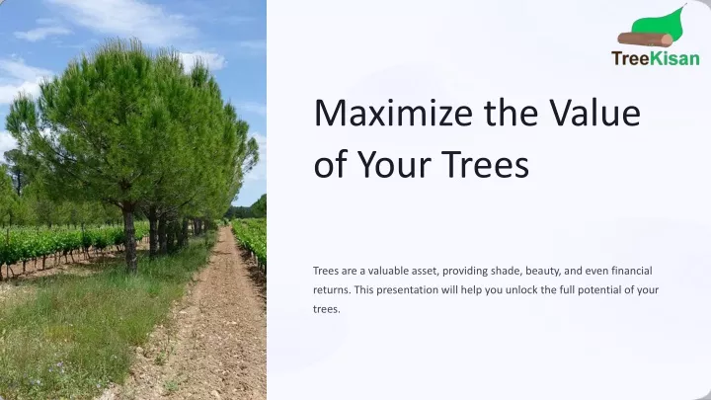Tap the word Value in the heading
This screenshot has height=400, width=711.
tap(594, 113)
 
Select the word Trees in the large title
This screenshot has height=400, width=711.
tap(485, 164)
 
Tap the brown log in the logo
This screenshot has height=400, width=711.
tap(645, 40)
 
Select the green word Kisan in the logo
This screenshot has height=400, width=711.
tap(674, 58)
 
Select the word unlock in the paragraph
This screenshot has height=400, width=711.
tap(521, 289)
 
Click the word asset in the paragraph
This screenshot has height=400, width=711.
tap(425, 272)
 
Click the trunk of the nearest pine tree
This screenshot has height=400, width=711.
tap(129, 237)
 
